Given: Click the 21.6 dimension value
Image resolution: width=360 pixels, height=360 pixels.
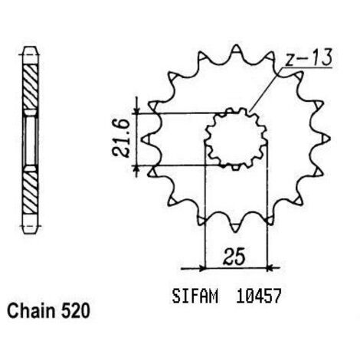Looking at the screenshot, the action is click(121, 139).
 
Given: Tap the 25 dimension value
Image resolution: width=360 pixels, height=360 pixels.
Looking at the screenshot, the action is click(234, 256).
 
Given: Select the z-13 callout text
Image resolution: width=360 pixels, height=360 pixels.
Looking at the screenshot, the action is click(309, 57).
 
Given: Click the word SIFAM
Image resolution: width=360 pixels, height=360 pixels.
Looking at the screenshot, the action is click(195, 296).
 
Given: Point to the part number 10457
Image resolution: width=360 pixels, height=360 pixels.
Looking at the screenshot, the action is click(259, 296).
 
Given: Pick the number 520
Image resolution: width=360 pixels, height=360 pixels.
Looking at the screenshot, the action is click(75, 311).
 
